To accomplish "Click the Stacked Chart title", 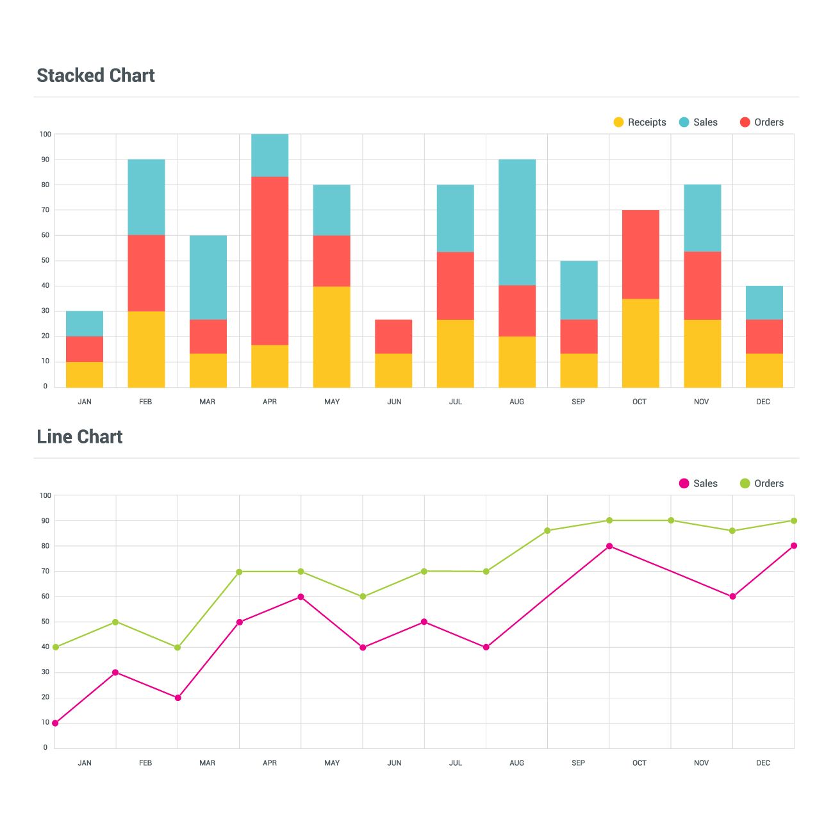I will pos(95,76).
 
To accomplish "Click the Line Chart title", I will pos(79,437).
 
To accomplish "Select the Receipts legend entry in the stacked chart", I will pos(639,122).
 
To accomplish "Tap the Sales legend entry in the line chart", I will pos(698,484).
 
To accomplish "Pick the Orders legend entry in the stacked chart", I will pos(761,122).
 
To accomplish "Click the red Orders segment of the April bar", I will pos(270,260).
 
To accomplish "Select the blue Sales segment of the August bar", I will pos(517,222).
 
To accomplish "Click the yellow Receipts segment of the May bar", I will pos(331,336).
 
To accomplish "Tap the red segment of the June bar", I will pos(393,336).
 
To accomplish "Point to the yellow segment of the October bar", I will pos(640,343).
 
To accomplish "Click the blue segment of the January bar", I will pos(85,324).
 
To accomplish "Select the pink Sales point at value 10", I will pos(55,723).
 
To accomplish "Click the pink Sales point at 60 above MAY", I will pos(301,597).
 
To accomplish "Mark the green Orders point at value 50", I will pos(115,622).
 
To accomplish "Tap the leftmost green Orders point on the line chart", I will pos(56,647).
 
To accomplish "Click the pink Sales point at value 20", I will pos(177,698).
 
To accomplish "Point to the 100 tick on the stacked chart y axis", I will pos(45,135).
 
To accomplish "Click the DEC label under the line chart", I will pos(763,763).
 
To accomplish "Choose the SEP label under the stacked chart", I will pos(578,402).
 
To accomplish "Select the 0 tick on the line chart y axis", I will pos(45,748).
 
